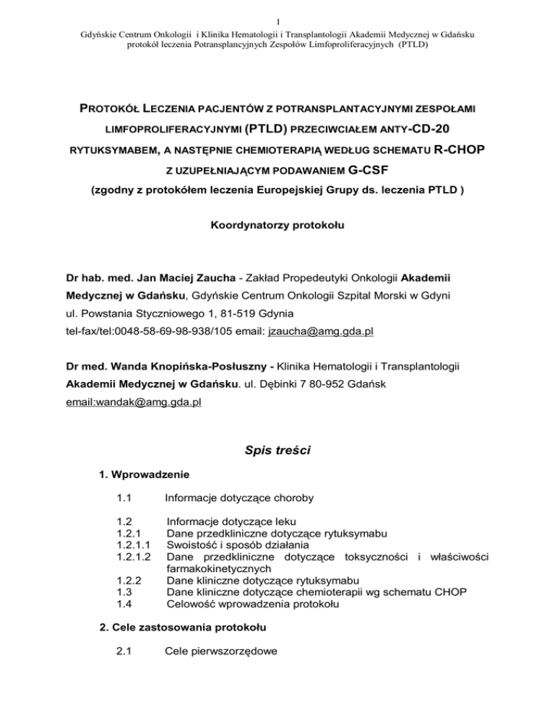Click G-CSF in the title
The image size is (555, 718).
click(335, 173)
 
